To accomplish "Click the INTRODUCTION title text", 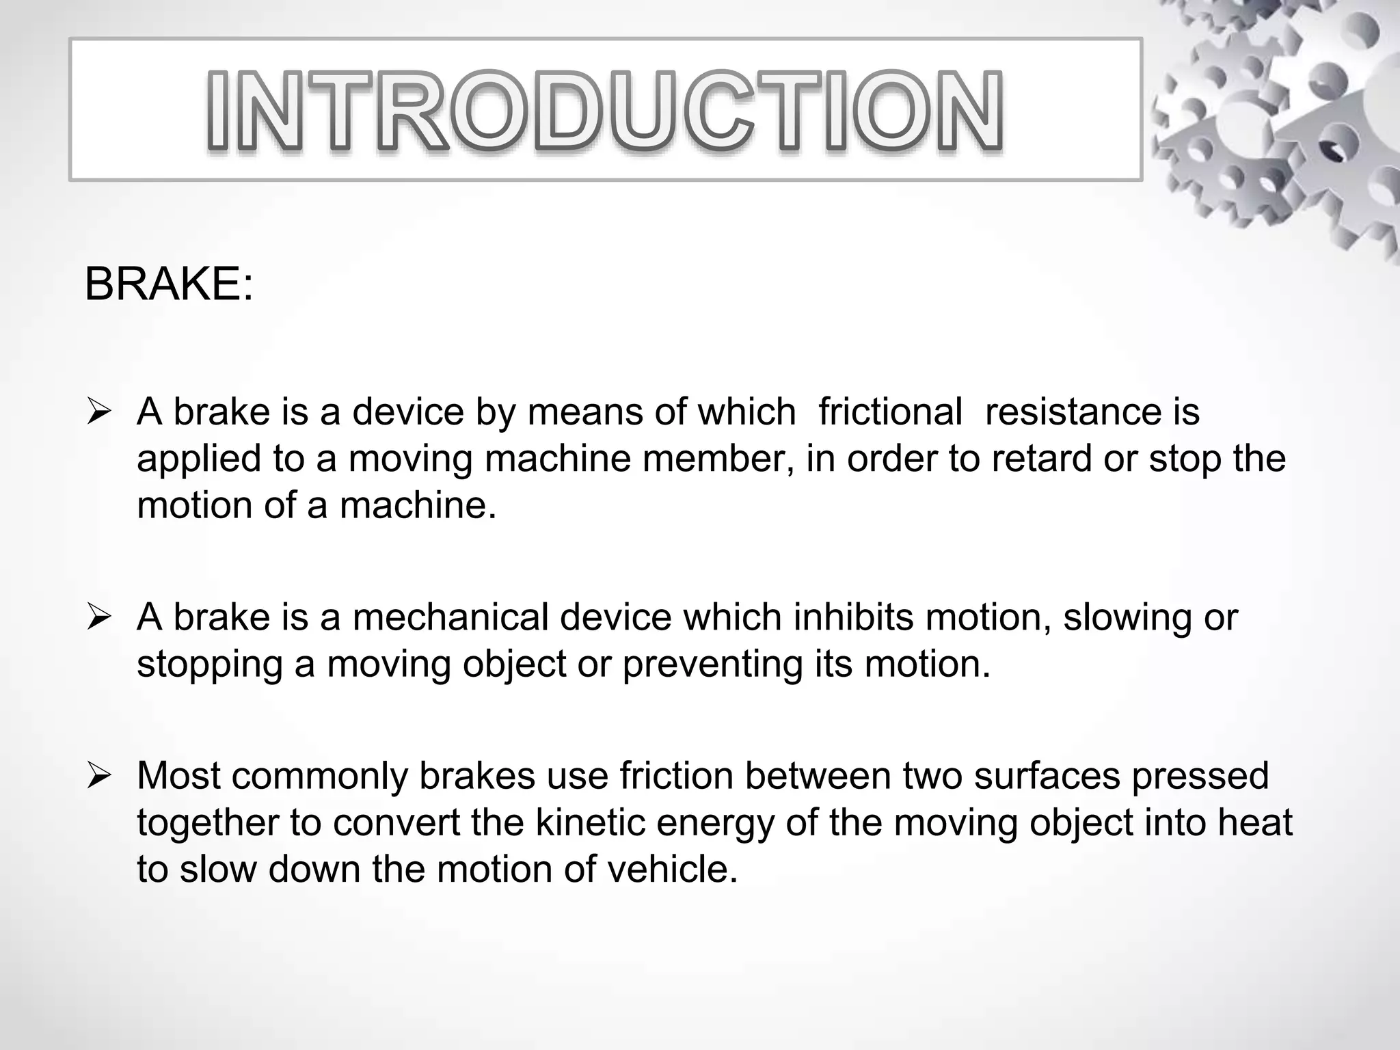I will pyautogui.click(x=606, y=111).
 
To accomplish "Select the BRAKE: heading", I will pyautogui.click(x=169, y=284).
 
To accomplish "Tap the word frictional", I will pyautogui.click(x=890, y=412).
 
